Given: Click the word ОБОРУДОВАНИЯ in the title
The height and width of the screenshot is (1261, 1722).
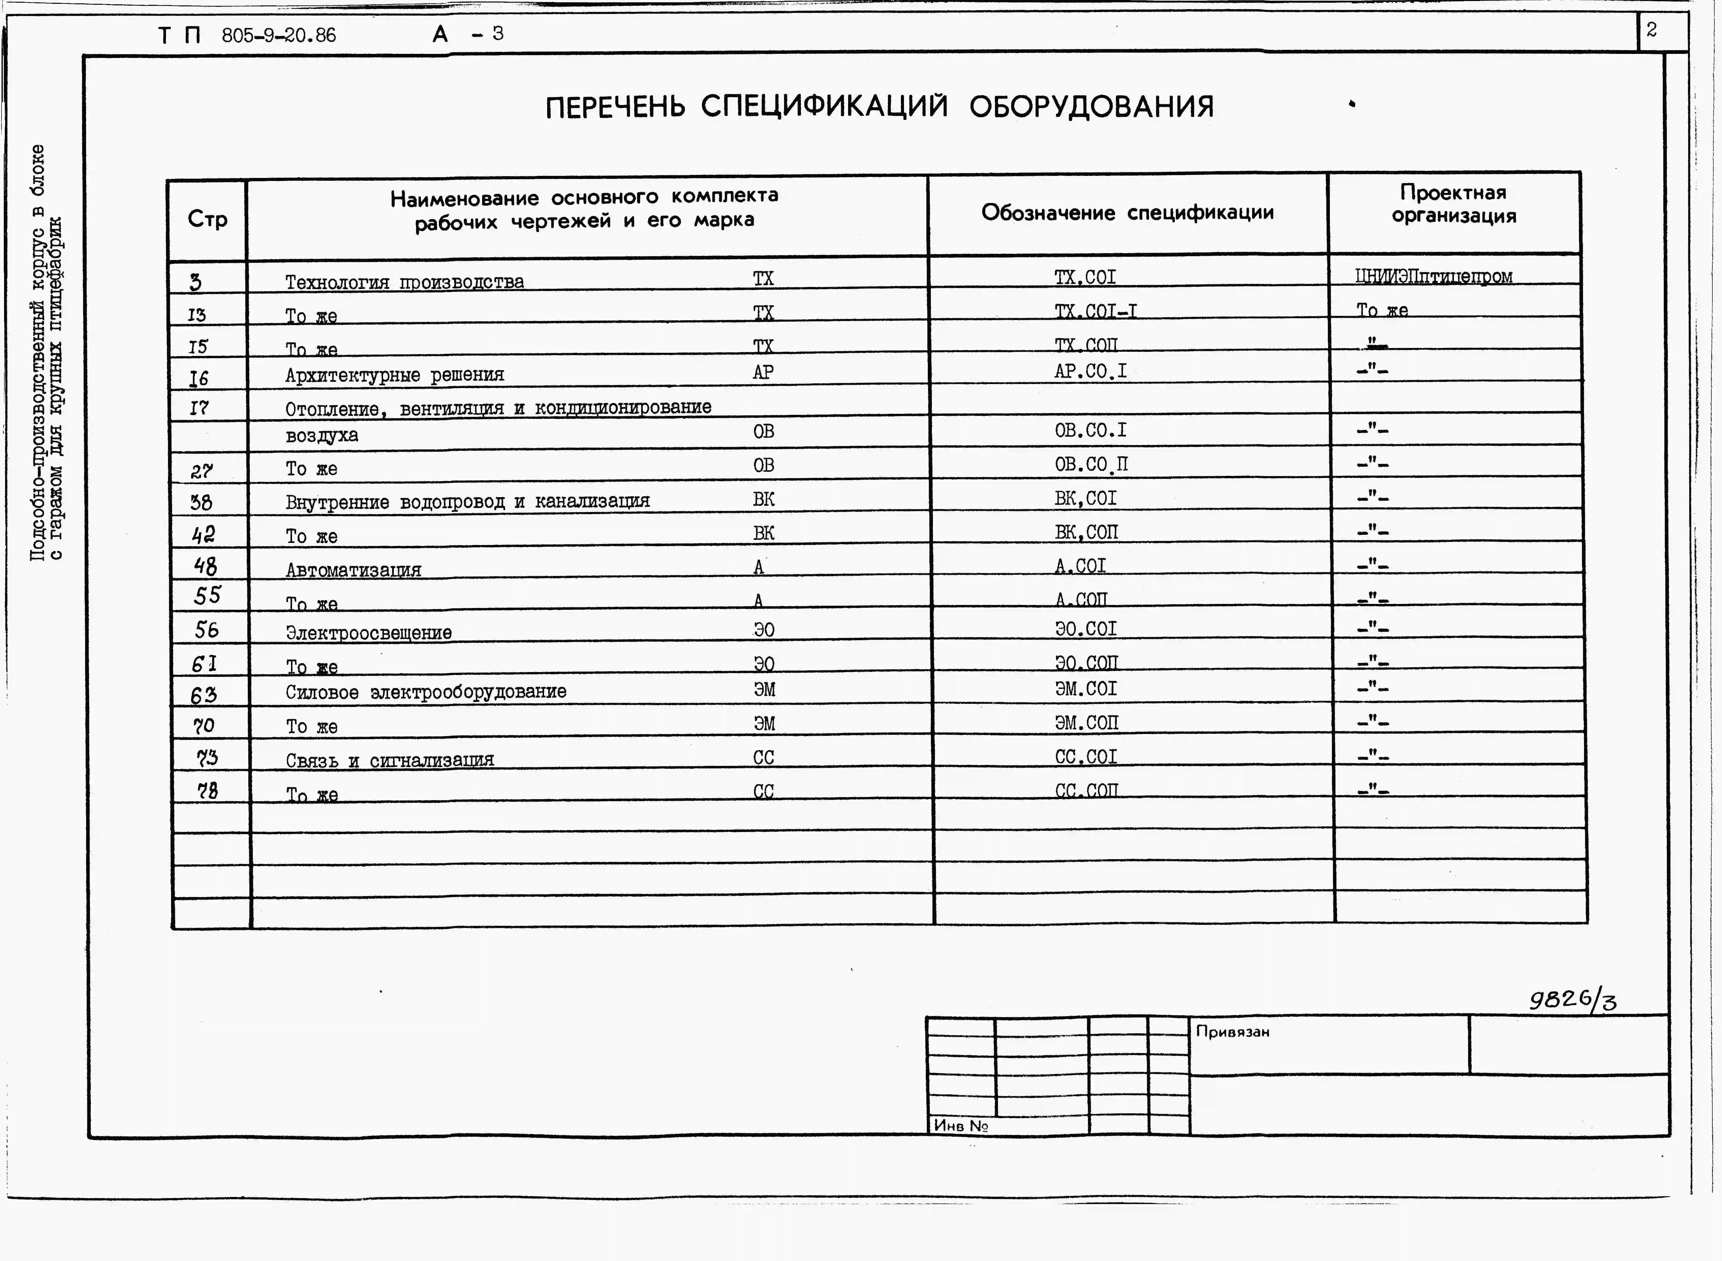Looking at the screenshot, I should (1091, 107).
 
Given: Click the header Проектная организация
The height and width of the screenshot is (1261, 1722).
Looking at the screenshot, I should (1453, 204).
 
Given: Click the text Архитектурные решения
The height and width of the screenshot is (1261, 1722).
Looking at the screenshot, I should (394, 375).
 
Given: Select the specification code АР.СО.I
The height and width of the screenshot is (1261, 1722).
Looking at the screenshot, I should (1090, 371).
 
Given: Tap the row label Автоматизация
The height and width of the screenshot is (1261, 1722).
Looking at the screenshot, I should (353, 569).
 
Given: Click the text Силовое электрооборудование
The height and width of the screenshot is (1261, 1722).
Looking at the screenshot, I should (426, 692).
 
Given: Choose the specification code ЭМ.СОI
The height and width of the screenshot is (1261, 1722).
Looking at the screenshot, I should (1086, 689).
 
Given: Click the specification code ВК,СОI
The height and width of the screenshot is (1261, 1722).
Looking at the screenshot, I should (1086, 498).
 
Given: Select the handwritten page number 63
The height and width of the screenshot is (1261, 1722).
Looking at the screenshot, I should (204, 695).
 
